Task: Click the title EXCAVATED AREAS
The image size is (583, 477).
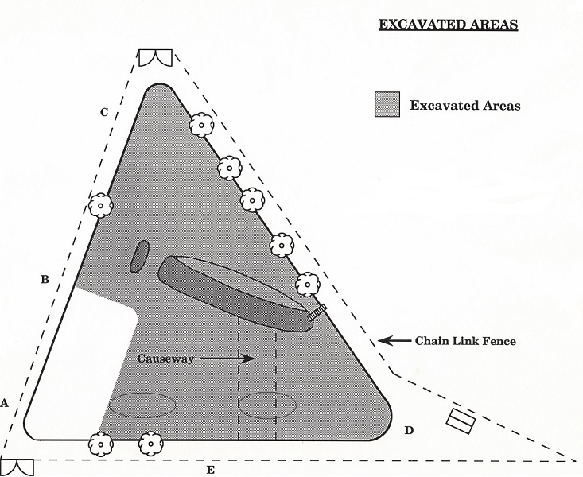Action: click(448, 25)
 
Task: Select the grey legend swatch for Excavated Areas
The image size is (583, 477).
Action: click(387, 104)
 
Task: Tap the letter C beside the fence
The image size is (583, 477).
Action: click(104, 112)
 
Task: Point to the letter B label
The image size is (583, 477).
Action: click(45, 279)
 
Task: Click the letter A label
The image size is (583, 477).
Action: click(4, 403)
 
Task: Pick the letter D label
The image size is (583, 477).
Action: click(409, 431)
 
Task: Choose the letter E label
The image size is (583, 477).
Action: click(211, 471)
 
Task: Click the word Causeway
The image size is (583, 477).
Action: click(165, 359)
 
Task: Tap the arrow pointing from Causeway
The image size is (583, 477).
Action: click(227, 359)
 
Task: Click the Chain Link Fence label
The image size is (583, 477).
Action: click(465, 341)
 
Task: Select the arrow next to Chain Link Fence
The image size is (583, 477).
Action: click(394, 340)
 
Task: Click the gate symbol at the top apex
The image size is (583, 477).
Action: click(155, 57)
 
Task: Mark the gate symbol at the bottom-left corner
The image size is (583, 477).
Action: click(17, 467)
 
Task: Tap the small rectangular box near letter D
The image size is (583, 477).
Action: click(461, 421)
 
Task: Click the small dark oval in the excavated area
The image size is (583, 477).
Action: click(140, 256)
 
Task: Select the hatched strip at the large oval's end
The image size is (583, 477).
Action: click(317, 312)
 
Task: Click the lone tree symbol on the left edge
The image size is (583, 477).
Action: click(100, 206)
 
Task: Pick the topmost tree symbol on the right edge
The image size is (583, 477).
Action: click(201, 125)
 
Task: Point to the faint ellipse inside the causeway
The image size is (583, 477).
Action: click(267, 405)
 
